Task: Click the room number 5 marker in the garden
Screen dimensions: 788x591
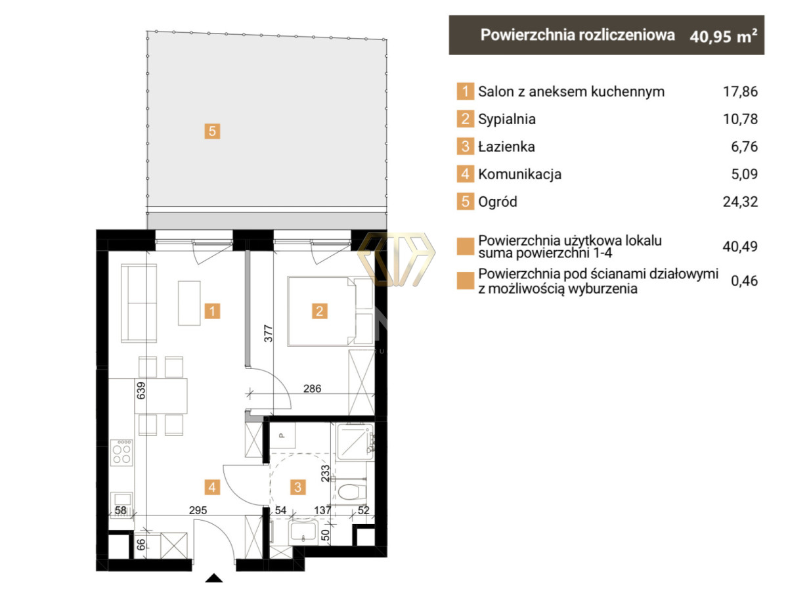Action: point(212,131)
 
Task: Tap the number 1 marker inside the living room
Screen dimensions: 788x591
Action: point(212,311)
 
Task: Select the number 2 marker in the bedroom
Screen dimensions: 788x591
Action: point(320,311)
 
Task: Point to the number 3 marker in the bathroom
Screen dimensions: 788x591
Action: point(297,487)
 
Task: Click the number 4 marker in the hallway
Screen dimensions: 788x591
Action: point(212,487)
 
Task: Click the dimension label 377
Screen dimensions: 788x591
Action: point(268,334)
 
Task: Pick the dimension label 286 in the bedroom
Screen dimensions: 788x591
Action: point(313,388)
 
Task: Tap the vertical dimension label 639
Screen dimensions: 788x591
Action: point(141,391)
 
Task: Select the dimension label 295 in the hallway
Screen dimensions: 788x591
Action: point(198,510)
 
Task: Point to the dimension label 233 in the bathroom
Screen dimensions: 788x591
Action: point(325,473)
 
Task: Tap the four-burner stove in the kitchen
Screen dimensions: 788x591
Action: point(121,453)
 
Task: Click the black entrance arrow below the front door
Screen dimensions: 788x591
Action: point(214,578)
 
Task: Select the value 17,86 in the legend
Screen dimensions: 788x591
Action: point(740,91)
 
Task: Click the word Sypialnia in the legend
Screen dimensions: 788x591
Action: point(507,119)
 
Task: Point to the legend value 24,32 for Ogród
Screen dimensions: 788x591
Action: point(740,202)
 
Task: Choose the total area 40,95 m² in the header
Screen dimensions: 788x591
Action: point(724,36)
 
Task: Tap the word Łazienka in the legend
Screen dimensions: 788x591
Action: point(506,146)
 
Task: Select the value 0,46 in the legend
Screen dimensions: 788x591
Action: point(744,280)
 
